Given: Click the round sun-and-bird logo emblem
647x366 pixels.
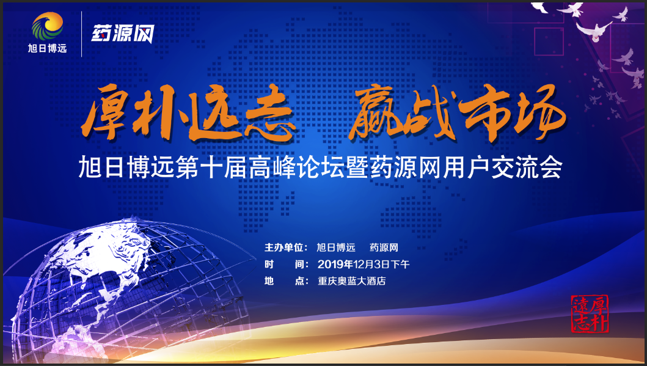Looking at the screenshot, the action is pos(48,26).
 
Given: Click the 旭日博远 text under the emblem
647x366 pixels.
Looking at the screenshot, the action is pos(48,48).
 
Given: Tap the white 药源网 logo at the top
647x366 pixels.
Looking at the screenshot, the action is pos(123,33).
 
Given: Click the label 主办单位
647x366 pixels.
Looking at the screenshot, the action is pos(286,247).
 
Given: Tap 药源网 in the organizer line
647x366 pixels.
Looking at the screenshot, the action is pos(384,247).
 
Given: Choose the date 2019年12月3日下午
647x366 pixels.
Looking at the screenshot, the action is pos(364,264).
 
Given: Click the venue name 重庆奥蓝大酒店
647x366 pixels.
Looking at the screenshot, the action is pos(351,281).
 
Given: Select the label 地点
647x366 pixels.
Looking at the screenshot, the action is pos(286,281).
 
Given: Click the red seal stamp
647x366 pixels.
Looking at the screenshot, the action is pos(590,314).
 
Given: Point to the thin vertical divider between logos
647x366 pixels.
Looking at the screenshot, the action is pos(82,34).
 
